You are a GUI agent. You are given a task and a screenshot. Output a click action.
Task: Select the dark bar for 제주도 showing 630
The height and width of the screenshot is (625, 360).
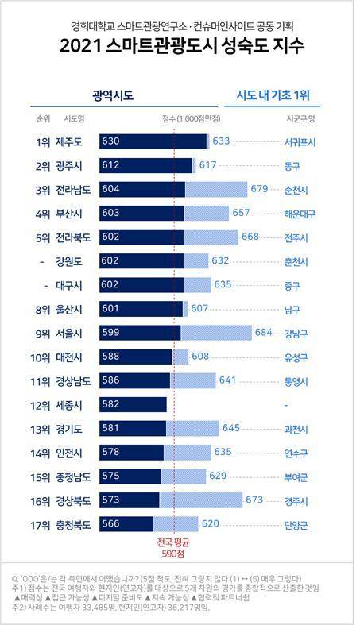point(153,141)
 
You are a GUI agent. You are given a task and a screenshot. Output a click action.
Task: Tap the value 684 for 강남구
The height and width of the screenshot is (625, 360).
point(263,333)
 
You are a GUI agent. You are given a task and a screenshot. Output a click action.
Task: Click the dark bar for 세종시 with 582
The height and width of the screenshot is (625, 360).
point(133,405)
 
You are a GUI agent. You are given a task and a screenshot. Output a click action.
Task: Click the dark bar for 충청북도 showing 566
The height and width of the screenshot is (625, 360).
point(126,524)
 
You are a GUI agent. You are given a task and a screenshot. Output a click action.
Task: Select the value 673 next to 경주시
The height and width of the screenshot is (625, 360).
point(254,500)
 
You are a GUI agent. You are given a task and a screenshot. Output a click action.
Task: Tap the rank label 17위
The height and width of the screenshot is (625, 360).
point(41,524)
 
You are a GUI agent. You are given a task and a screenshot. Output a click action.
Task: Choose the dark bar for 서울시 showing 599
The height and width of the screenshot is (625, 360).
point(140,333)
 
